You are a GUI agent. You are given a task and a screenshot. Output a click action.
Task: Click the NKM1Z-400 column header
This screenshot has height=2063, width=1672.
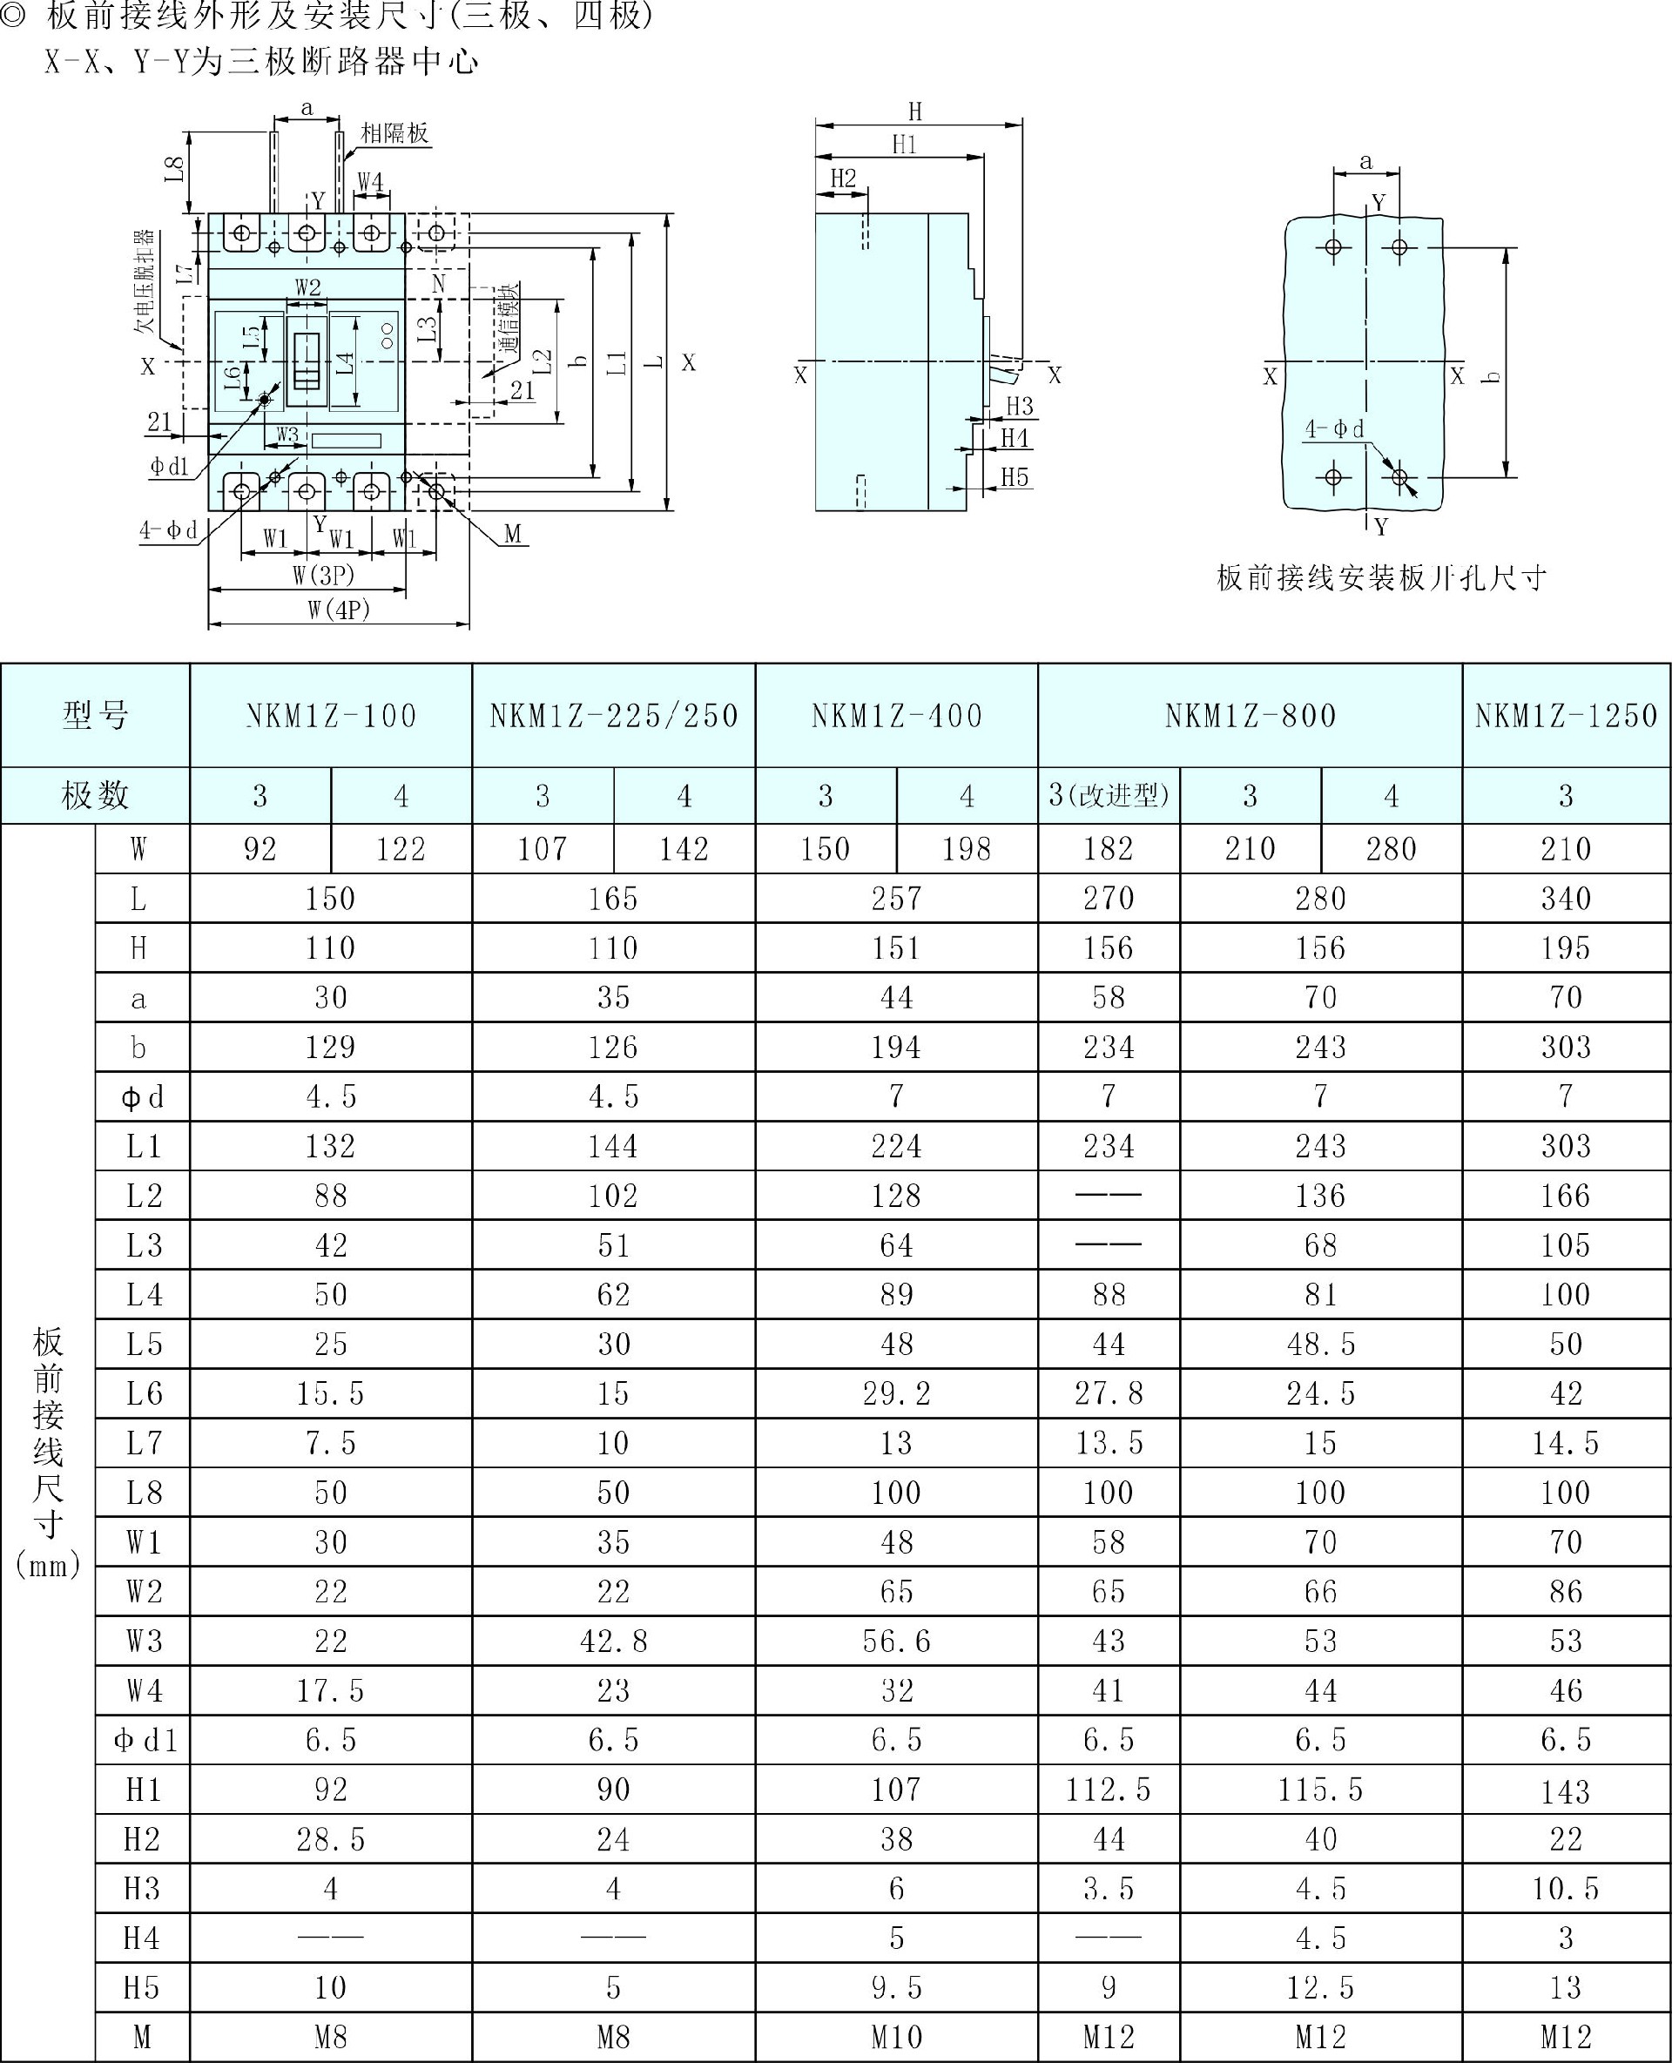tap(897, 716)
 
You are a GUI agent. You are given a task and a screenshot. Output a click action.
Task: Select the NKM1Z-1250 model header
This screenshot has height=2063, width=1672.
tap(1566, 716)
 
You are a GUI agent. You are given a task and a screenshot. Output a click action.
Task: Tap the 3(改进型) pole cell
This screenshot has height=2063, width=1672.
tap(1109, 796)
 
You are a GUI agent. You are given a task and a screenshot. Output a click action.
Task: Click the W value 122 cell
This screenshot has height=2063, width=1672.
tap(401, 849)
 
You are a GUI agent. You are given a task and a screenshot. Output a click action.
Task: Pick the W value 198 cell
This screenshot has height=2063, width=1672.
tap(966, 849)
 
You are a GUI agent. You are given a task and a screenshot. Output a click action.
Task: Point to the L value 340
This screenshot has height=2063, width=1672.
tap(1566, 899)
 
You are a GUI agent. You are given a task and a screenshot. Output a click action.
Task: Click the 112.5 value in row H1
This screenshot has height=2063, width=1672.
tap(1109, 1790)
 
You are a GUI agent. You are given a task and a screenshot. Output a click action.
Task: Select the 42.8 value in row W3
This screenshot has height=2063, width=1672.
tap(614, 1642)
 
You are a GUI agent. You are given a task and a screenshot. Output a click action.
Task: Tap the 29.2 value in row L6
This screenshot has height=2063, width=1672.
tap(897, 1393)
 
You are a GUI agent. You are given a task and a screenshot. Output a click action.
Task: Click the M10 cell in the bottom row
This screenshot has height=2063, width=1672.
tap(897, 2037)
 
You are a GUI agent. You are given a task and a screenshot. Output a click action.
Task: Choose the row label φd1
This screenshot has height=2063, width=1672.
tap(145, 1740)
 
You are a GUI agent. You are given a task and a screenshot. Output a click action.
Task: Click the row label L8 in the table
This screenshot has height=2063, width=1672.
tap(145, 1493)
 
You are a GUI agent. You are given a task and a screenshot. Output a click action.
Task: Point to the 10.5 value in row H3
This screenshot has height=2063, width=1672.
tap(1566, 1889)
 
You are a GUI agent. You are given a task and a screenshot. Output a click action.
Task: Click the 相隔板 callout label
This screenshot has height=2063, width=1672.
tap(394, 133)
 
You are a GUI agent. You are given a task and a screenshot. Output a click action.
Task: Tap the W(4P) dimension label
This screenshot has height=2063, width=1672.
tap(339, 610)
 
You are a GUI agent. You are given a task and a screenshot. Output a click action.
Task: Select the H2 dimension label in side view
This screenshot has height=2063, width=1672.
tap(843, 179)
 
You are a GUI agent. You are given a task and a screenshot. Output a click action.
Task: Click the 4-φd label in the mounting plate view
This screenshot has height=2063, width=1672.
tap(1334, 429)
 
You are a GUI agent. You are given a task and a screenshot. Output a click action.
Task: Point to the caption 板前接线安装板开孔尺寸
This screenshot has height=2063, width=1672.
tap(1382, 578)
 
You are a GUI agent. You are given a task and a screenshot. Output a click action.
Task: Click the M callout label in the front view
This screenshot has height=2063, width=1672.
tap(512, 535)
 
